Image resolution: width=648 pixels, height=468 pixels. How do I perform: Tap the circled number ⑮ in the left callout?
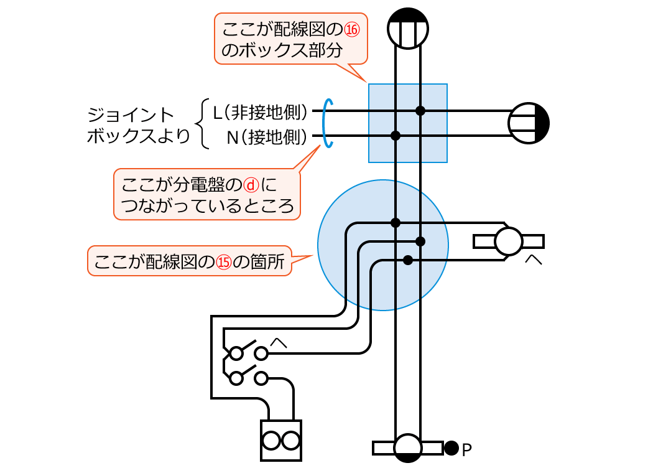tap(223, 262)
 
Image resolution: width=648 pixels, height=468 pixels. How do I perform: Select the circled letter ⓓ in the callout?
tap(250, 185)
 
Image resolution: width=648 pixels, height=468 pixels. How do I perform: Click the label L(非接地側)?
tap(260, 113)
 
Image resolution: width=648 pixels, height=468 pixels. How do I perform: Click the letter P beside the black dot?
tap(467, 449)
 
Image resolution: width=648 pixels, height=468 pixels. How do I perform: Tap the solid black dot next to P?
tap(452, 447)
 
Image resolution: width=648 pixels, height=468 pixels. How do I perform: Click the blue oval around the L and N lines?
tap(327, 124)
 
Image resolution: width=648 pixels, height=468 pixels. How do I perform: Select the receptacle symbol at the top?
tap(408, 28)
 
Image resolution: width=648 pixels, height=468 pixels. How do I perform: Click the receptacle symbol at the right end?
tap(529, 123)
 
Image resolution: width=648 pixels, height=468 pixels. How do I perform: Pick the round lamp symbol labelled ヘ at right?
tap(509, 241)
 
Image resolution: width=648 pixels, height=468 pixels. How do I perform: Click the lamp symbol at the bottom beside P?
tap(408, 448)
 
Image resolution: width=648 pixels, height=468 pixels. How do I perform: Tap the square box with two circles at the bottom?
tap(281, 441)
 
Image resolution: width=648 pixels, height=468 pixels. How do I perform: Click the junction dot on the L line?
tap(420, 111)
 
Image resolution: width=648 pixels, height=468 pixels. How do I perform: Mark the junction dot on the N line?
tap(396, 136)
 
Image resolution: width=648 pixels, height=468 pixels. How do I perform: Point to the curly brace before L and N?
tap(202, 124)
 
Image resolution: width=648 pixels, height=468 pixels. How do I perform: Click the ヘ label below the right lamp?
tap(533, 260)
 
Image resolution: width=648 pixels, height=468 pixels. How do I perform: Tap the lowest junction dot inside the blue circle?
tap(408, 260)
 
